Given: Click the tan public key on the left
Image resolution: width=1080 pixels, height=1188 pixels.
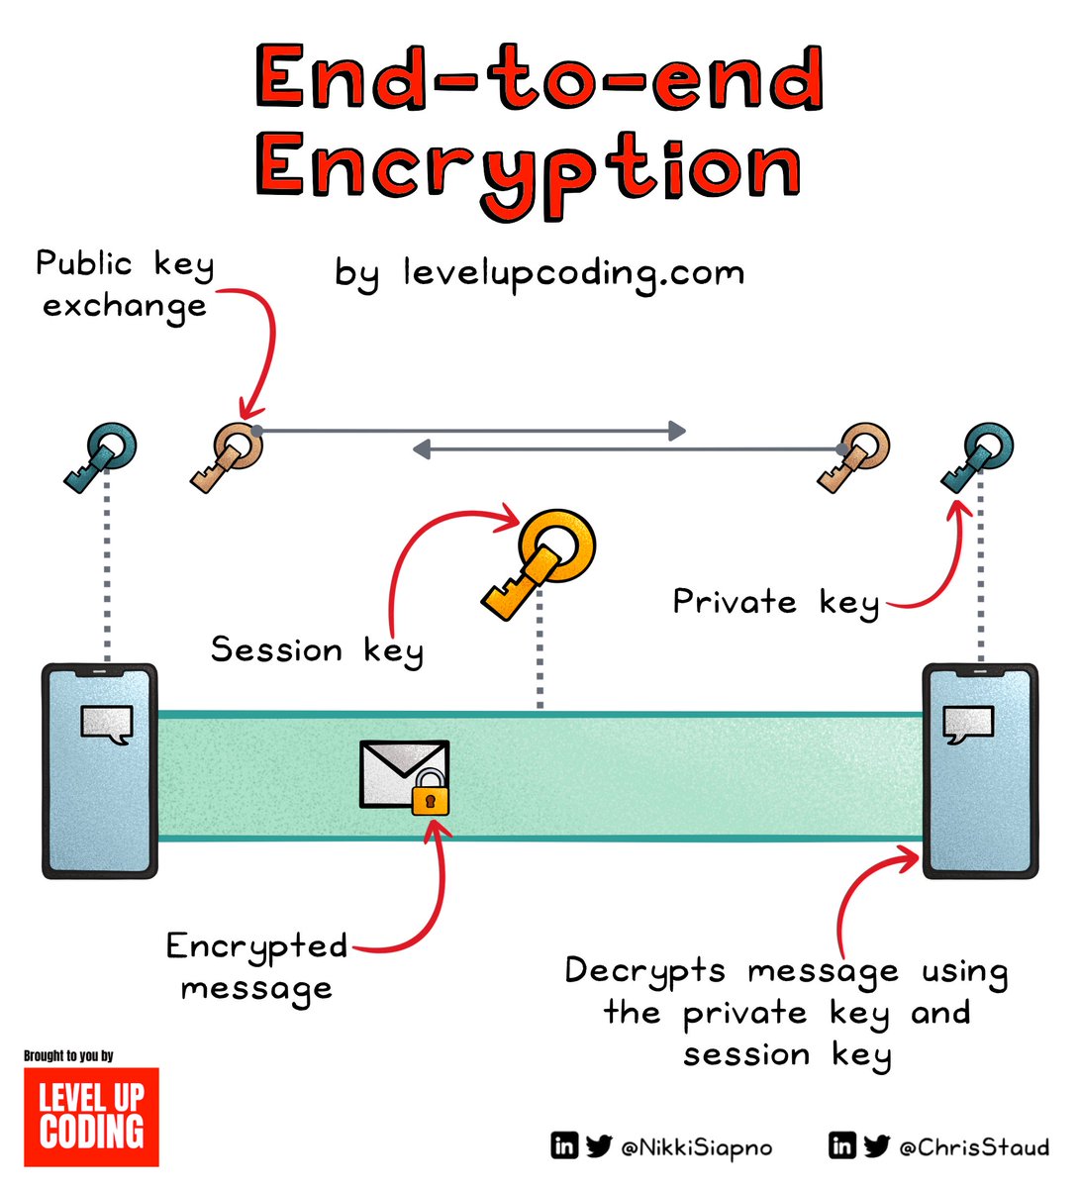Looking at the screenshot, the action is pyautogui.click(x=228, y=456).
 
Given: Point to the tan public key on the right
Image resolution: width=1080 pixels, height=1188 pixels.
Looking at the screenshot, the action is pyautogui.click(x=854, y=456).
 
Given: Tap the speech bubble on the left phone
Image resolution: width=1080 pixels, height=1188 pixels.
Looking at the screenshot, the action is pyautogui.click(x=107, y=725).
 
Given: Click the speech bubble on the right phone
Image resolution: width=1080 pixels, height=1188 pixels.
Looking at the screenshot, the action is pyautogui.click(x=967, y=725).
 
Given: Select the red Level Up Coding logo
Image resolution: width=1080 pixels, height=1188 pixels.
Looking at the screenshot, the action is pyautogui.click(x=91, y=1117).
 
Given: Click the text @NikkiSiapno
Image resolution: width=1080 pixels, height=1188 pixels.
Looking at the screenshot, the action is pyautogui.click(x=696, y=1147).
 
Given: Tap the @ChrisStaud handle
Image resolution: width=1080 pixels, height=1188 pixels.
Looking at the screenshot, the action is pyautogui.click(x=973, y=1147).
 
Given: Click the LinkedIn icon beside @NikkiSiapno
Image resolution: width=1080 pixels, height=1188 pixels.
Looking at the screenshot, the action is pyautogui.click(x=564, y=1146).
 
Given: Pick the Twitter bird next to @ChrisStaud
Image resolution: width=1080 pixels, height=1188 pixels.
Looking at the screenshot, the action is pyautogui.click(x=876, y=1146).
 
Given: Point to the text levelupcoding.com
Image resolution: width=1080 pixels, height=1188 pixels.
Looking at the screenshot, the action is pyautogui.click(x=573, y=272).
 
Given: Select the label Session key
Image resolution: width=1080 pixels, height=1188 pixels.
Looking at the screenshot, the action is pyautogui.click(x=317, y=650).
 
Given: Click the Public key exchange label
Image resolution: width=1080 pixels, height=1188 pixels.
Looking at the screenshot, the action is pyautogui.click(x=124, y=284).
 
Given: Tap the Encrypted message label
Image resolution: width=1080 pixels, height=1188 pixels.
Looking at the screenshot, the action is pyautogui.click(x=256, y=966).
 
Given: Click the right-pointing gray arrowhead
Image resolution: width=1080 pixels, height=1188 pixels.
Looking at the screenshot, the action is pyautogui.click(x=677, y=430).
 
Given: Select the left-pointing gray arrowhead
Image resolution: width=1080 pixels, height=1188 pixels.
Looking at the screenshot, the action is pyautogui.click(x=422, y=450).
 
